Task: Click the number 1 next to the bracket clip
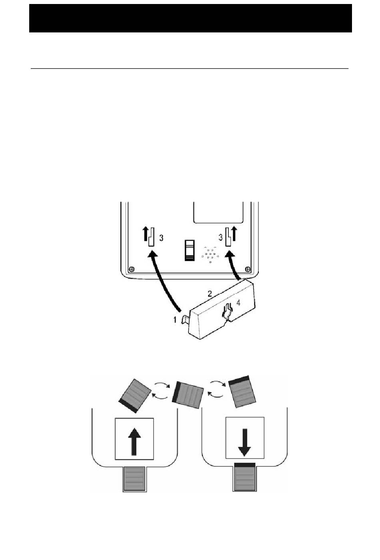174,319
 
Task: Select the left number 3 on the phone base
161,238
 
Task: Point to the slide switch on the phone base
189,250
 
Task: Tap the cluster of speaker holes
210,255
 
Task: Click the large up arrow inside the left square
134,441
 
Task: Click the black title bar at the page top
190,18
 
